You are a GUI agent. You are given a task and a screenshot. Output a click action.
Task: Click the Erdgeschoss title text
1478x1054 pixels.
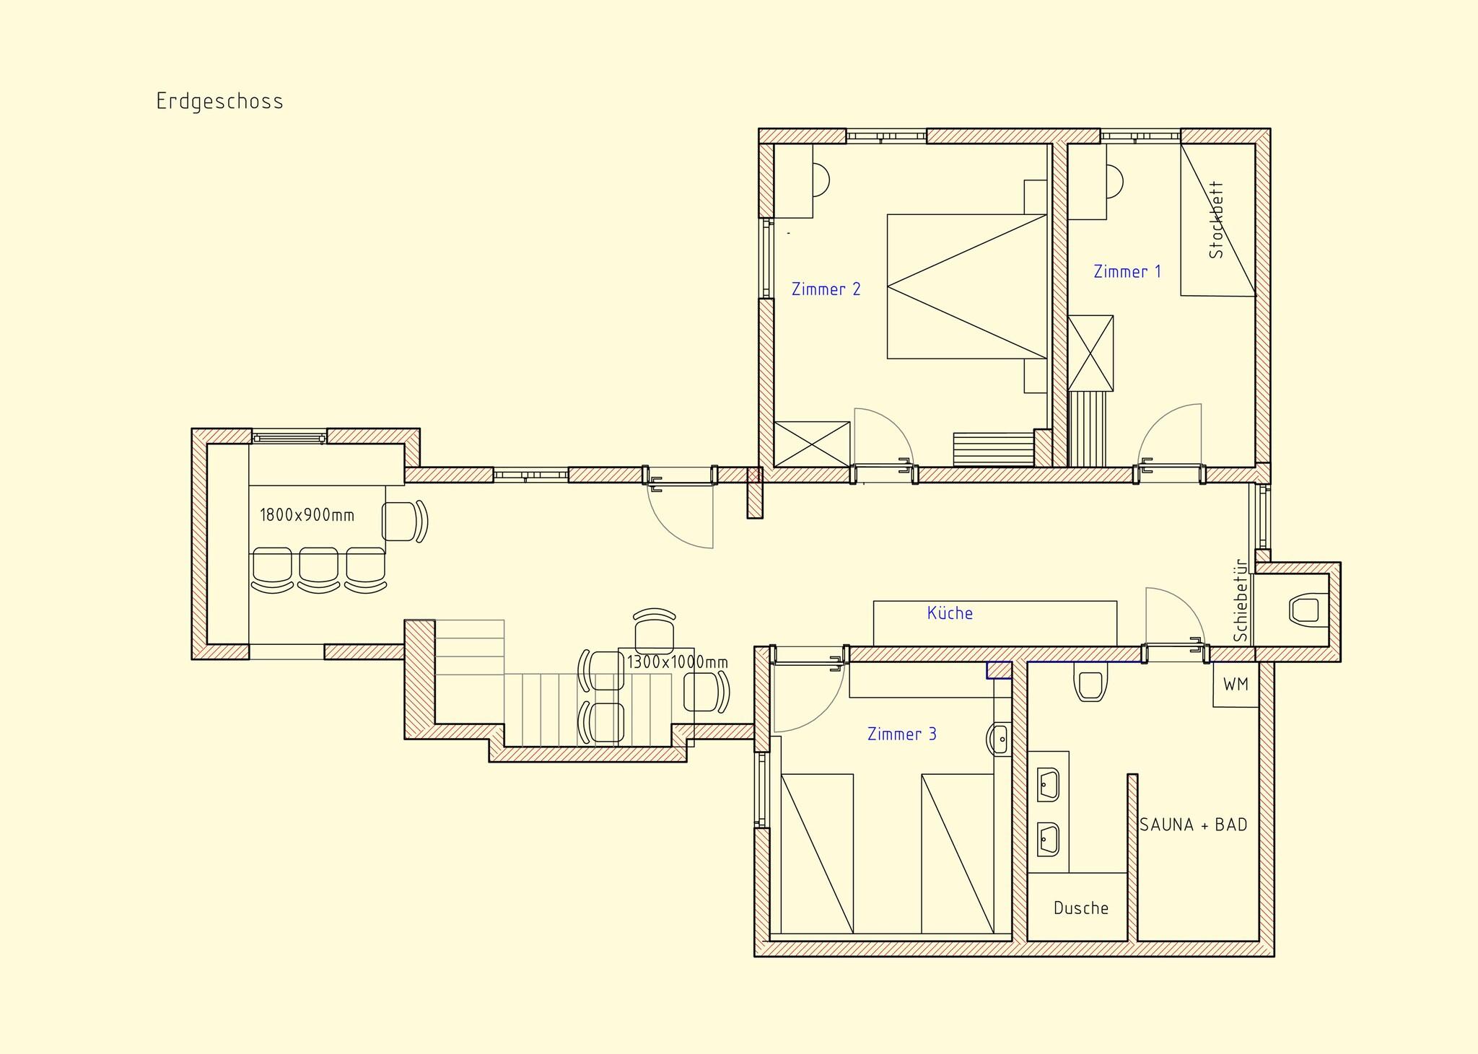pos(219,102)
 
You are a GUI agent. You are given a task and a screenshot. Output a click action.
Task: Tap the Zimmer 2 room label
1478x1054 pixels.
pos(826,289)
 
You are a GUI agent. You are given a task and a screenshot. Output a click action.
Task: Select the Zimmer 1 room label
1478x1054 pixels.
pos(1127,272)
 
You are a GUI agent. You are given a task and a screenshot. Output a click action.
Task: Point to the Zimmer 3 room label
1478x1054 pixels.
pos(902,734)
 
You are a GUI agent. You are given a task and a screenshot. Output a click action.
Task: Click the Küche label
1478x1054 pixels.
pos(950,613)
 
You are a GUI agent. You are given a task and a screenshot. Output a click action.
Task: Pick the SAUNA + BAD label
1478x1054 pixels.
pos(1194,825)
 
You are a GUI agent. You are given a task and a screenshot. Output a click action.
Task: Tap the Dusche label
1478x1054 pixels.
pos(1081,908)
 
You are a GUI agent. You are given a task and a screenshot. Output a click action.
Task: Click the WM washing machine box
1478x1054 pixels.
pos(1236,684)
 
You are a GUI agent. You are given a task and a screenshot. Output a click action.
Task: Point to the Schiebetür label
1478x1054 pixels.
pos(1241,600)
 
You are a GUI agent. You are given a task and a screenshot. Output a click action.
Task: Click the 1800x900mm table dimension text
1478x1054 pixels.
pos(307,515)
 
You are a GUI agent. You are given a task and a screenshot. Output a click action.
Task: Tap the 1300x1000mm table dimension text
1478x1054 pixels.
pos(677,662)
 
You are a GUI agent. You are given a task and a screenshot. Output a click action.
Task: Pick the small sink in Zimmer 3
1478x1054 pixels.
pos(999,738)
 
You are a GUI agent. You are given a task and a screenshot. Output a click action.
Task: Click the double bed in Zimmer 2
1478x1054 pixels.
pos(967,286)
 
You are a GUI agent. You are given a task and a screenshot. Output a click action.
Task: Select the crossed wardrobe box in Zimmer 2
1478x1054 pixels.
pos(812,444)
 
